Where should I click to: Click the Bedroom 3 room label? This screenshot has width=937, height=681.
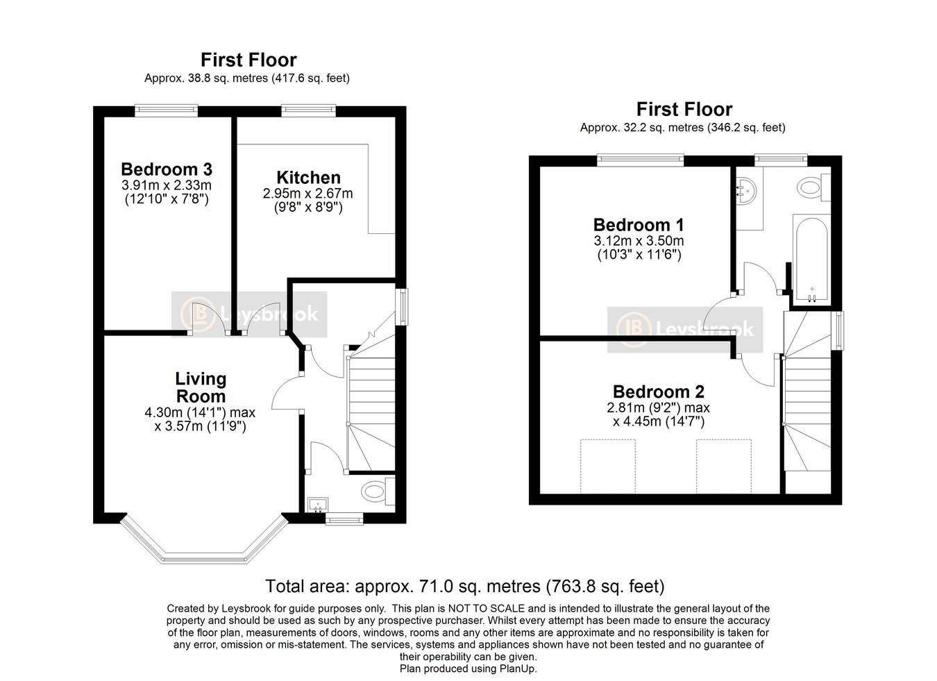click(167, 169)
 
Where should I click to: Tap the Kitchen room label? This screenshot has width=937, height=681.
click(308, 177)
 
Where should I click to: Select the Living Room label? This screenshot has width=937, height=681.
click(200, 387)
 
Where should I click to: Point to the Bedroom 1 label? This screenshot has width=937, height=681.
click(639, 225)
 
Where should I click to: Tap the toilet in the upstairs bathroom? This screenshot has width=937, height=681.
click(811, 187)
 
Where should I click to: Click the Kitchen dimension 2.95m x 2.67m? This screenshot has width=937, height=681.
click(308, 193)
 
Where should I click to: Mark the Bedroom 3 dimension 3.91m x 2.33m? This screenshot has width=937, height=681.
click(167, 185)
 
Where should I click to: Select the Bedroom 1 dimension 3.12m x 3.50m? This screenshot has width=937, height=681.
click(639, 241)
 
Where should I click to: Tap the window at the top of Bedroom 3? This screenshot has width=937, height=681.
click(166, 109)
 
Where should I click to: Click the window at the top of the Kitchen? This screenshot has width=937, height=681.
click(307, 109)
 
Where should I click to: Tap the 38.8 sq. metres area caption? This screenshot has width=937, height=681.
click(246, 78)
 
